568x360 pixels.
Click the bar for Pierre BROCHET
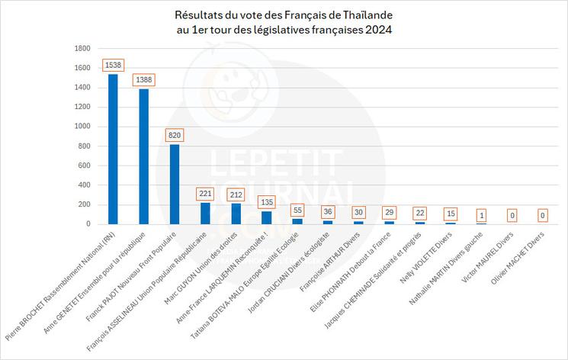tap(113, 149)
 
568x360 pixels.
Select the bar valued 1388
tap(143, 156)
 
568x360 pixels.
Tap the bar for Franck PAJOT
tap(175, 184)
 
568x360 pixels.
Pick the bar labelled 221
tap(205, 214)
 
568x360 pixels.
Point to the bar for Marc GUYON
tap(236, 214)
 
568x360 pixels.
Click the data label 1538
tap(113, 65)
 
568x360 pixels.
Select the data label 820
tap(175, 135)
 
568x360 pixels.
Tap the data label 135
tap(267, 202)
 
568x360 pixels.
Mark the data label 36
tap(328, 211)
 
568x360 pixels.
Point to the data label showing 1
tap(481, 215)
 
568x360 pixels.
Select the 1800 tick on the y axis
tap(82, 48)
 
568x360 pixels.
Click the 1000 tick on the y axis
tap(82, 127)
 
